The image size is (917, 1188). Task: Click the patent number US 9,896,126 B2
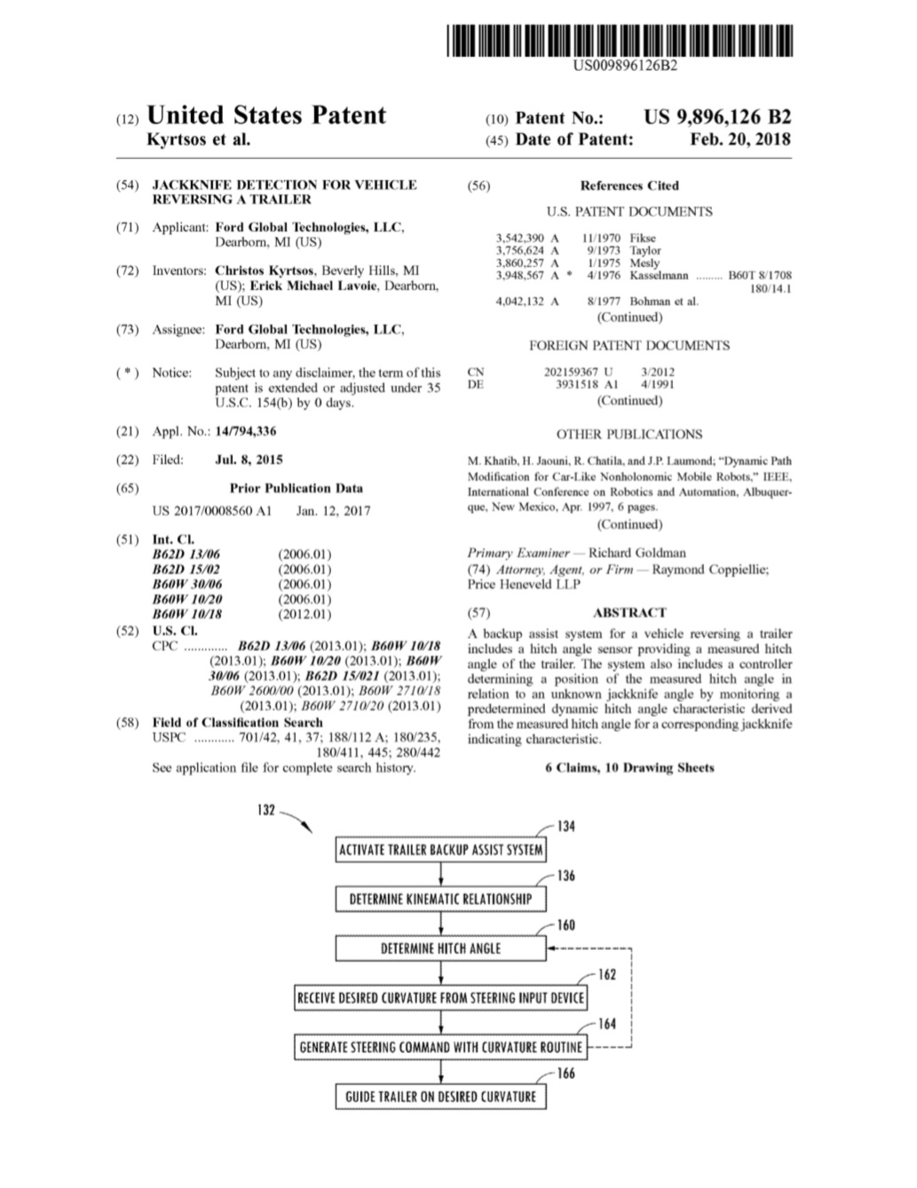[x=716, y=117]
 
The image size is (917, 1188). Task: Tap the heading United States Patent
[x=265, y=116]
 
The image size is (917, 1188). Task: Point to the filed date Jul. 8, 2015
[x=249, y=460]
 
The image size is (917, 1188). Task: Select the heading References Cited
[x=628, y=185]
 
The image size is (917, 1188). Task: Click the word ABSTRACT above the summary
[x=628, y=612]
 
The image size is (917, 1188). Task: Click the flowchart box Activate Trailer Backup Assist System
[x=440, y=850]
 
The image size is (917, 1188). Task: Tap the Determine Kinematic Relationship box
[x=440, y=900]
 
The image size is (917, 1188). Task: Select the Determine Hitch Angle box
[x=440, y=948]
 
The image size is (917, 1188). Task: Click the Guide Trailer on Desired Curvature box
[x=440, y=1097]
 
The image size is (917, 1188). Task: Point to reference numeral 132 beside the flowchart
[x=266, y=811]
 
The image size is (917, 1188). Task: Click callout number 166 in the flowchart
[x=565, y=1074]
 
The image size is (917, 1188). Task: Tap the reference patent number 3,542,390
[x=521, y=238]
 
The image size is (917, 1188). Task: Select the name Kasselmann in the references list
[x=659, y=276]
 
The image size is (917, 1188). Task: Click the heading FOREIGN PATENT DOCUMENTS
[x=628, y=345]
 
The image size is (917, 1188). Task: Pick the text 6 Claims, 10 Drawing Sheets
[x=628, y=767]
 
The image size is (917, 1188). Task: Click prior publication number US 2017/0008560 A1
[x=211, y=511]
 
